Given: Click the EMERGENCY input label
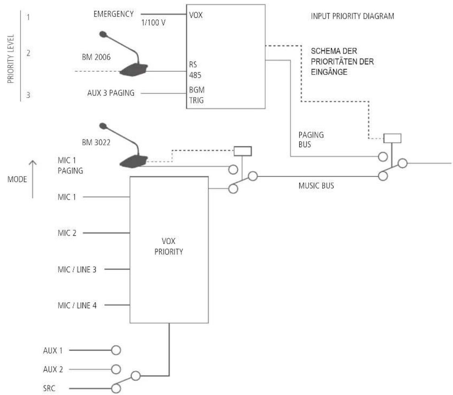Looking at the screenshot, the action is (x=113, y=14).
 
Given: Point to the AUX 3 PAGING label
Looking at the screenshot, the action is (x=111, y=93).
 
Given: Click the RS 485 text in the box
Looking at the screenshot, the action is (x=195, y=70).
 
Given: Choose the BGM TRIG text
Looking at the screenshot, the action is (x=196, y=95).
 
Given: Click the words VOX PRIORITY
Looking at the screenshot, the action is (x=169, y=247).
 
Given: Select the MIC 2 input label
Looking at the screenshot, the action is (x=67, y=233).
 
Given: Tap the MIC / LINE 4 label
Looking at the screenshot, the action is (x=77, y=305).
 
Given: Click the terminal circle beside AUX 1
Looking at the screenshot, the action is (x=116, y=350).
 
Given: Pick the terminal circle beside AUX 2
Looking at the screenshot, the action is (x=116, y=369).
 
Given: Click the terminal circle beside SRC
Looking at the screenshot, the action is (x=116, y=388).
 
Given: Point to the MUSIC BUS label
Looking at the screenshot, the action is (x=316, y=185).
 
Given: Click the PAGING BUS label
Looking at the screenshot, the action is (x=311, y=140).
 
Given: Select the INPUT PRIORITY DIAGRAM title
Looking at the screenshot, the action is (x=352, y=16).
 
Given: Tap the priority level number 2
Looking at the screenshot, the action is (x=28, y=53).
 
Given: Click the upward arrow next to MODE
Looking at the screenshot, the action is (x=33, y=179).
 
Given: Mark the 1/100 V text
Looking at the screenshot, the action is (x=153, y=23).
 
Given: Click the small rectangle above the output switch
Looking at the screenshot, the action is (x=392, y=138).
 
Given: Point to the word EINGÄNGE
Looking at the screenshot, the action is (x=329, y=72).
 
